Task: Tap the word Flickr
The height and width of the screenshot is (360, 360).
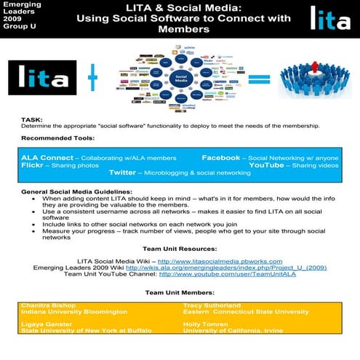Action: click(33, 165)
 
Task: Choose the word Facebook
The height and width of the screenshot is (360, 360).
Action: click(220, 157)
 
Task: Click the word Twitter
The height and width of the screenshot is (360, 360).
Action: click(123, 173)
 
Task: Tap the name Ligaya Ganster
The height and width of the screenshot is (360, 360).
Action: click(45, 324)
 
